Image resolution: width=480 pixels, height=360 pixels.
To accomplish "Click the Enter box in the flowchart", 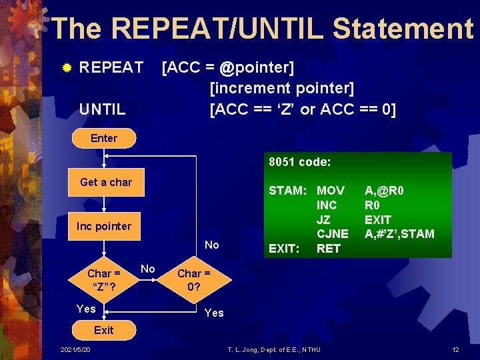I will point(103,138).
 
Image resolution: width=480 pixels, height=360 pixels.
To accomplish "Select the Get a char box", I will point(106,182).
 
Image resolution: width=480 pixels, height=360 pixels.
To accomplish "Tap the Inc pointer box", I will point(104,226).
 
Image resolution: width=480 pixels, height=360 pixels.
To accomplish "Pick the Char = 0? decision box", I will point(193,280).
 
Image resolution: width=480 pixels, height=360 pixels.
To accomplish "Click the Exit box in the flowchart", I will point(103,330).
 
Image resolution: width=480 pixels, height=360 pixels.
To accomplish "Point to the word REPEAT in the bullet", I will point(111,67).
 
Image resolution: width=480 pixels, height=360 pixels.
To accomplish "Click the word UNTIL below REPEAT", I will point(102,108).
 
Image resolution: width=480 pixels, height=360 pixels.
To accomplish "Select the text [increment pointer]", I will point(282,88).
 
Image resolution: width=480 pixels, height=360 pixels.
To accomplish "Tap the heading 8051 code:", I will point(300,162).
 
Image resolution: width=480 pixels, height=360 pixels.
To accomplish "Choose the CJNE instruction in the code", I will point(332,234).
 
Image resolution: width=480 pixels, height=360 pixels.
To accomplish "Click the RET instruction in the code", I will point(328,249).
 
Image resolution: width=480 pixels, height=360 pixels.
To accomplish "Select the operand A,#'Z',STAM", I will point(399,234).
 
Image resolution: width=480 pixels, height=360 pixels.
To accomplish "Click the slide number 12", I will point(456,350).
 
